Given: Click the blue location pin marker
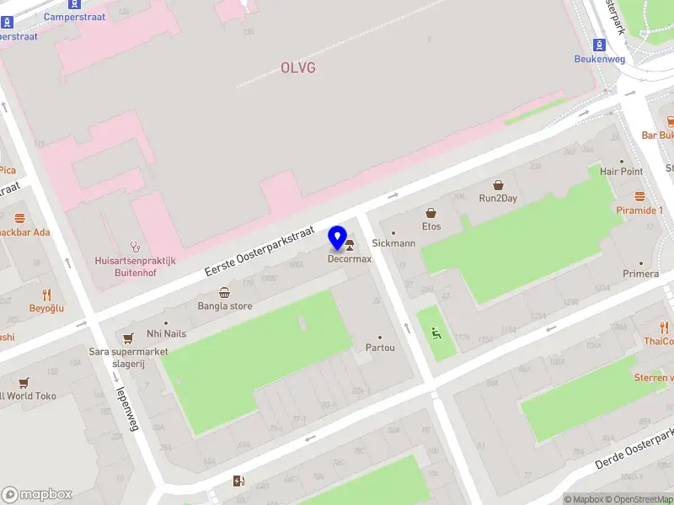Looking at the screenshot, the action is (x=339, y=238).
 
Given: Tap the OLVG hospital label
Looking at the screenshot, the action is (x=298, y=67).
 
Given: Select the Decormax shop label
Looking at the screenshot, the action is (x=350, y=259).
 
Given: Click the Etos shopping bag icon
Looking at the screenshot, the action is (x=431, y=214).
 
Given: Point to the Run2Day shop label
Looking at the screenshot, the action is (x=498, y=199).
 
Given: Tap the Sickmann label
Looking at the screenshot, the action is (x=393, y=243).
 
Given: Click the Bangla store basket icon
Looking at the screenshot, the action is (x=225, y=293).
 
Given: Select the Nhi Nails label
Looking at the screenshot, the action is (x=166, y=333).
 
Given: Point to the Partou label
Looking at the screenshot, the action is (x=380, y=348).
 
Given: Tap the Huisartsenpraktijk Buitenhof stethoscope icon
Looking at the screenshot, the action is (x=135, y=247).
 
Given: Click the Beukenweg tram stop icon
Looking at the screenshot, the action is (x=599, y=45).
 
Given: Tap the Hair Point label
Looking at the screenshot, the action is (x=621, y=171).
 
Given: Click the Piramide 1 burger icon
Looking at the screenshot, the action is (x=639, y=196).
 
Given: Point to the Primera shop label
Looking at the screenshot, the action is (x=640, y=274).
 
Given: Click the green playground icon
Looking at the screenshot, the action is (x=436, y=334).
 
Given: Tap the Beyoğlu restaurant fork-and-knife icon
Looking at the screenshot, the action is (x=47, y=295).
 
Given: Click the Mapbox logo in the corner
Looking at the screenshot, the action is (x=37, y=495).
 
